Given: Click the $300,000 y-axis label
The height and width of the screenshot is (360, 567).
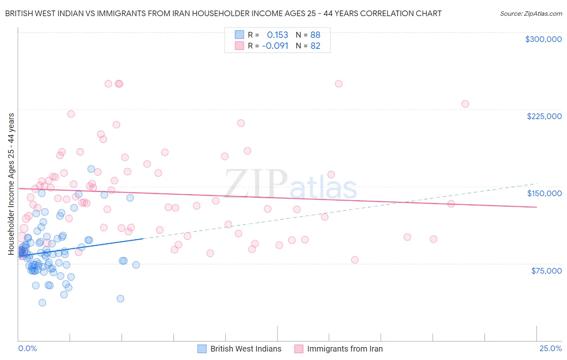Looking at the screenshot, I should coord(543,39).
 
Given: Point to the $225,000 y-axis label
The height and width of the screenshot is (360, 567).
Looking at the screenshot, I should coord(544,116).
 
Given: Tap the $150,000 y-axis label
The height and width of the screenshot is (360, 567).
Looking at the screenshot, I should coord(544,193).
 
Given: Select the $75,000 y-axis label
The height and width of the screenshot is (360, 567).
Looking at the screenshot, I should coord(546,271).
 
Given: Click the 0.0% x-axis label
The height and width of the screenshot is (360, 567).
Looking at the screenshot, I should coord(27,348).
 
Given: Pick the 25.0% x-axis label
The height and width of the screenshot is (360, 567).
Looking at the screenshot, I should coord(550,348).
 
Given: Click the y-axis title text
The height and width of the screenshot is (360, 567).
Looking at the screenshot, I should coord(11,184).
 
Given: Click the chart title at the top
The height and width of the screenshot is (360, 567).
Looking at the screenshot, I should coord(223,13).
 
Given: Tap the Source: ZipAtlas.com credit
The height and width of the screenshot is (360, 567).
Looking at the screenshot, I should coord(531,13).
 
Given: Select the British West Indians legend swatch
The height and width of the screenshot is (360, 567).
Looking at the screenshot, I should coord(202,349).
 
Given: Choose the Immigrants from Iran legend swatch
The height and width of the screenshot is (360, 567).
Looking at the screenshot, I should coord(299,349).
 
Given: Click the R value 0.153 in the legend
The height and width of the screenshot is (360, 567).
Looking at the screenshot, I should coord(277,35).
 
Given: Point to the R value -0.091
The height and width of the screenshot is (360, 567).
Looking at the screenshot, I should coord(275,46).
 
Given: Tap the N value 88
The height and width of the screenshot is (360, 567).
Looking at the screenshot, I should coord(315,35).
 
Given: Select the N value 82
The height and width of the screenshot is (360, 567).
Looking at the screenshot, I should coord(315,46).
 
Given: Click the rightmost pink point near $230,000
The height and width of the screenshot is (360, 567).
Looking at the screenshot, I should coord(465,104).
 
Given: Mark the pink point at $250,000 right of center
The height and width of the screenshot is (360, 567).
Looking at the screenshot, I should coord(339,84).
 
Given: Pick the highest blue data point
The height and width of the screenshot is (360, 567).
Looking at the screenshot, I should coord(91,169).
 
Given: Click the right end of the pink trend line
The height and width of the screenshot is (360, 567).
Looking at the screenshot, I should coord(536,207).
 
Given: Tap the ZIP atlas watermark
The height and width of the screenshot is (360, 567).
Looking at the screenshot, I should coord(290,185).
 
